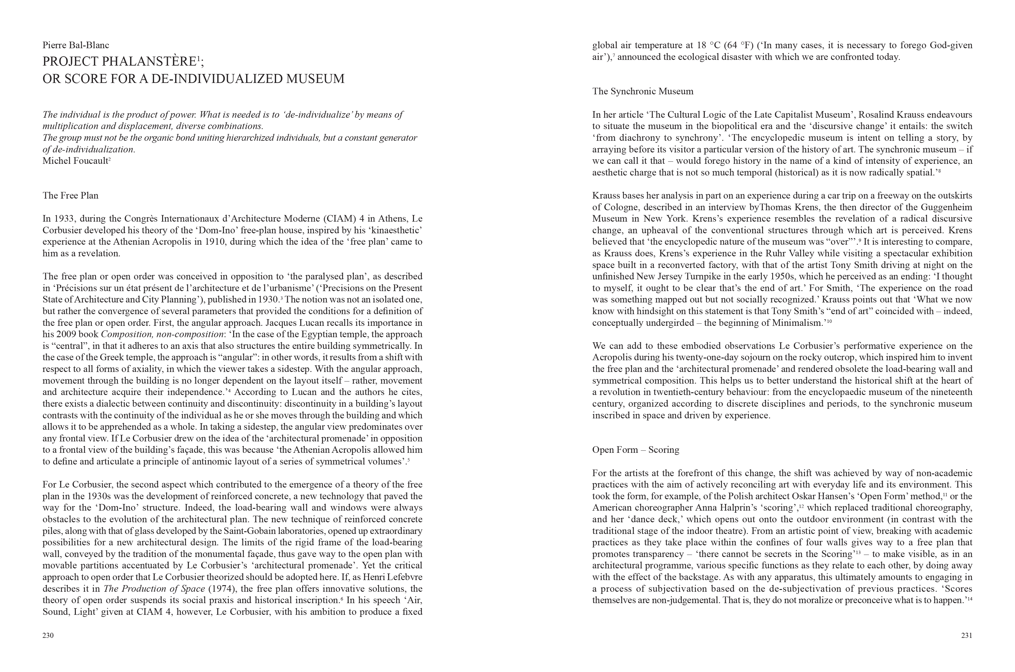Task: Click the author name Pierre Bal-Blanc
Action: click(x=76, y=45)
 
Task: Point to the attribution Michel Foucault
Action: click(x=75, y=161)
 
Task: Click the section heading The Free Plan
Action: click(x=70, y=196)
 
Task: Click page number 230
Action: click(x=48, y=635)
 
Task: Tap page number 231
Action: click(x=966, y=635)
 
